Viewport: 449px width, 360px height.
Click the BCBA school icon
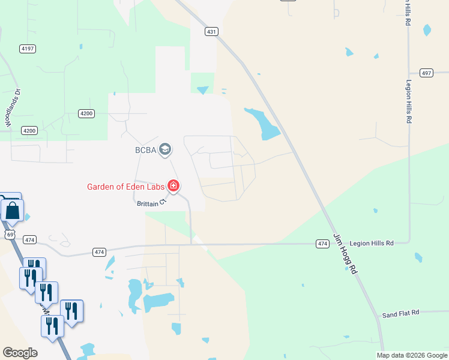point(166,149)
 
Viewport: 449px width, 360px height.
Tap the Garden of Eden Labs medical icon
point(173,186)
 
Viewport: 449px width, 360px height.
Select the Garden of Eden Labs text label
point(125,187)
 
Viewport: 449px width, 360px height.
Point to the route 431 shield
point(211,31)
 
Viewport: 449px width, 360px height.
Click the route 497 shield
point(426,73)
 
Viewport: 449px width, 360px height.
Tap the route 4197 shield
point(26,49)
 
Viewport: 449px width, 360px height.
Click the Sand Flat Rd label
point(400,313)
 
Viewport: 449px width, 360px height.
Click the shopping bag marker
point(13,211)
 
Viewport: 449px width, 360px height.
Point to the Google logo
point(20,352)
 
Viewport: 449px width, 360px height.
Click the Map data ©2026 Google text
point(411,355)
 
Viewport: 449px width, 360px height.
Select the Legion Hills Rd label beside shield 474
point(372,243)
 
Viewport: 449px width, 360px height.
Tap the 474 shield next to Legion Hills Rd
point(323,243)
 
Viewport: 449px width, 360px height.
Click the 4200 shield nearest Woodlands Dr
point(29,130)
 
